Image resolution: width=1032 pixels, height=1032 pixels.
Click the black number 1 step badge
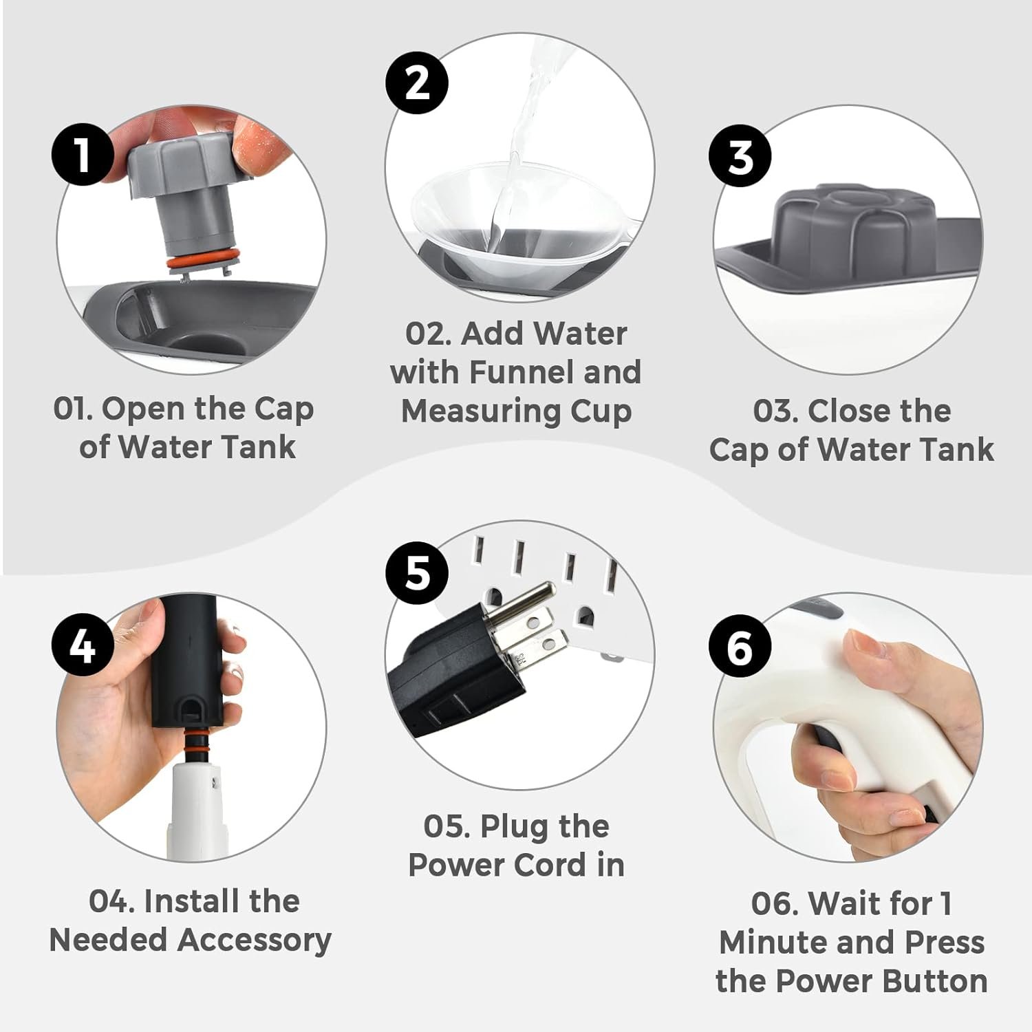[x=83, y=154]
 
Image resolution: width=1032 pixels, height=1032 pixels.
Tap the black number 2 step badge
[x=417, y=83]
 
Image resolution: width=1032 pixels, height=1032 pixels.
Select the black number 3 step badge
[x=740, y=155]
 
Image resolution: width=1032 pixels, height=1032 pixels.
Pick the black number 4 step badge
[x=83, y=645]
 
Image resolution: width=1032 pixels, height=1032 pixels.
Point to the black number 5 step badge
[x=417, y=572]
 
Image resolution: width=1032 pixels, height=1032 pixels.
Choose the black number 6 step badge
[x=740, y=647]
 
